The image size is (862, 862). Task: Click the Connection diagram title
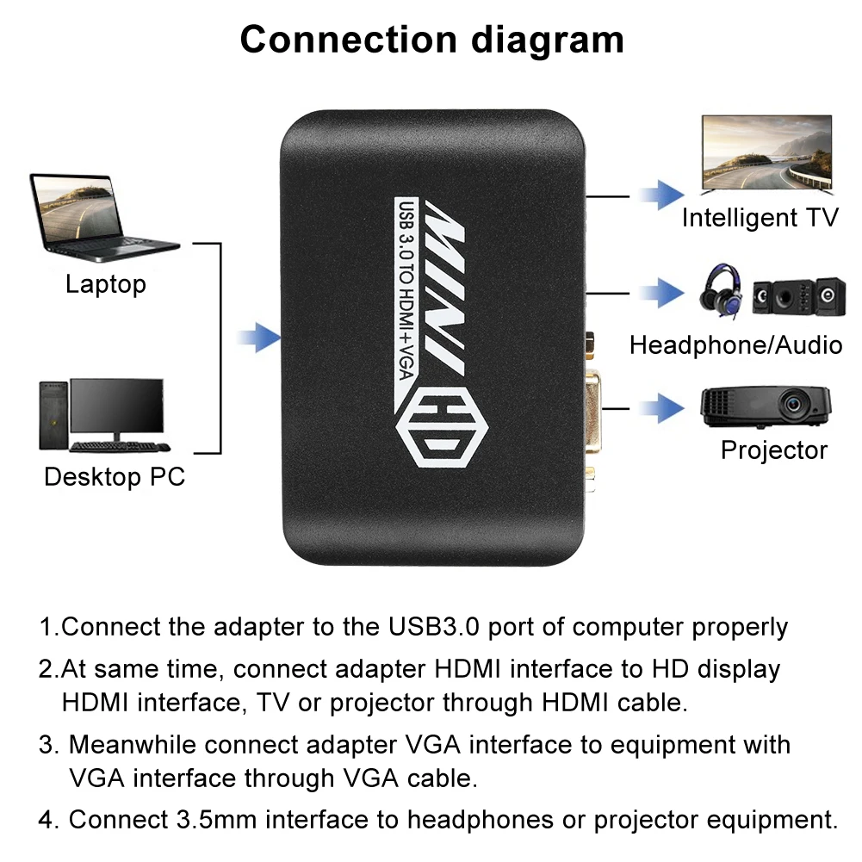click(x=431, y=40)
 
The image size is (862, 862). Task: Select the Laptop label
click(x=106, y=283)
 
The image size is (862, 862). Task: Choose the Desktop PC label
click(x=115, y=476)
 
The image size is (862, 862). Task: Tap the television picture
click(x=767, y=153)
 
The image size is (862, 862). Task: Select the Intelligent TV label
click(x=760, y=217)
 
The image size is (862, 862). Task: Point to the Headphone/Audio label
click(x=735, y=345)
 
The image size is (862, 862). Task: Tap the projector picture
click(x=765, y=406)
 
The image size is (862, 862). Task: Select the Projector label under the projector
click(x=773, y=450)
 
